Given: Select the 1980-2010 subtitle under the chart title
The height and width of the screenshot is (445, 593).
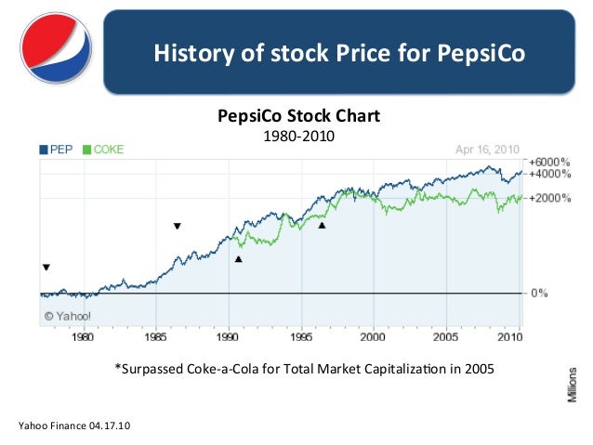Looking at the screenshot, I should pyautogui.click(x=297, y=136).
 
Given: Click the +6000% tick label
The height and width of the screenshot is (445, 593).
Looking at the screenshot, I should pyautogui.click(x=548, y=162).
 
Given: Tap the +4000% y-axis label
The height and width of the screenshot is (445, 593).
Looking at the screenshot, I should pyautogui.click(x=548, y=174).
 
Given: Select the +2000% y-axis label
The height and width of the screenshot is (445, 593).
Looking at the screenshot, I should pyautogui.click(x=548, y=198).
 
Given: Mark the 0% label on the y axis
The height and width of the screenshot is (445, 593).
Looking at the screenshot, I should pyautogui.click(x=539, y=293).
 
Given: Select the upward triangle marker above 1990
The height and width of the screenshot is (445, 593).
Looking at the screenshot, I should pyautogui.click(x=239, y=259).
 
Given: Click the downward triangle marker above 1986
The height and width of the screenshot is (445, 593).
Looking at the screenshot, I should pyautogui.click(x=178, y=226).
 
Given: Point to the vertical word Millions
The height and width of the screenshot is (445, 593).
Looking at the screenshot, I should pyautogui.click(x=573, y=382).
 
